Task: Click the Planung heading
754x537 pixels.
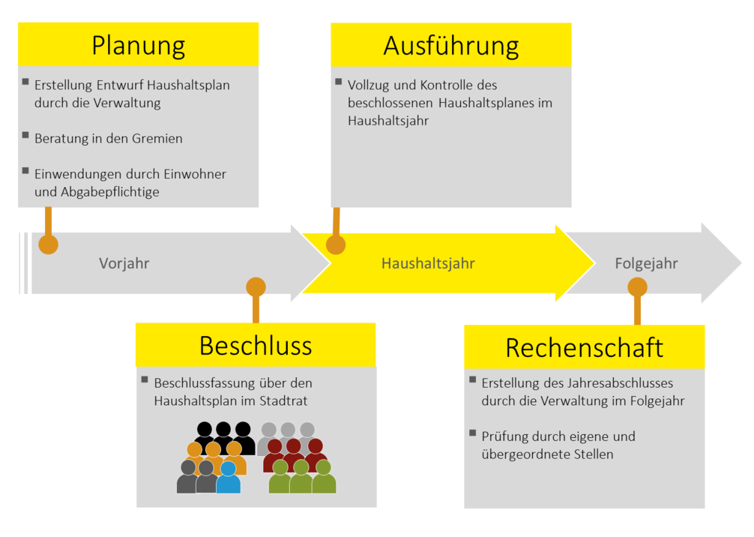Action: click(138, 46)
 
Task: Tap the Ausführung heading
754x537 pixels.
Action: click(450, 46)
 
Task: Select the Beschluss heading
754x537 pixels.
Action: click(255, 346)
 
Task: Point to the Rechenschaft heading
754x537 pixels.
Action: click(584, 347)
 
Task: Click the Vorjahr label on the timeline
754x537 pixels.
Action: click(124, 263)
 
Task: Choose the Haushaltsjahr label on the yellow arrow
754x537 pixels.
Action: click(428, 263)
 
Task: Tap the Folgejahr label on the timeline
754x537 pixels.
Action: click(646, 263)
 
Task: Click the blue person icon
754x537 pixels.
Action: click(228, 478)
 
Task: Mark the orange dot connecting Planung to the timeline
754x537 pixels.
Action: click(49, 244)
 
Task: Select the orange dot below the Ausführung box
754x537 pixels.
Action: click(336, 244)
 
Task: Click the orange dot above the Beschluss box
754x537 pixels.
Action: click(256, 286)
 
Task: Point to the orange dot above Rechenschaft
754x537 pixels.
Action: click(637, 286)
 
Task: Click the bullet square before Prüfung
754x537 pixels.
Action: click(473, 433)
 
